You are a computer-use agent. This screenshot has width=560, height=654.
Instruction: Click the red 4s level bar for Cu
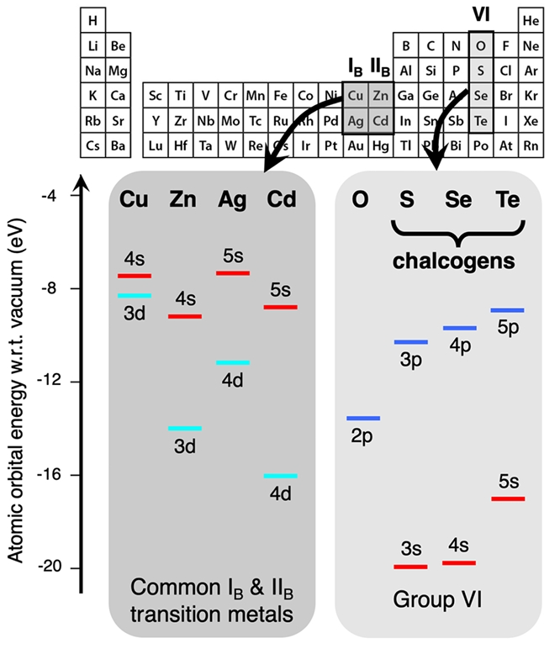point(135,276)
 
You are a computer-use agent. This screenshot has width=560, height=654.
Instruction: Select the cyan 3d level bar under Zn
point(185,429)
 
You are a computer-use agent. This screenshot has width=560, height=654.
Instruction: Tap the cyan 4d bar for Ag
point(233,362)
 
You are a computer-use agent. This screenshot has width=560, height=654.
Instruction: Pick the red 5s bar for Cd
point(280,307)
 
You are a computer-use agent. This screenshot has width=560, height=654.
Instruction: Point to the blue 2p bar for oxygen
point(362,418)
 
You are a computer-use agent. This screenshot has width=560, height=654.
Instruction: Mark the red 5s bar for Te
point(508,498)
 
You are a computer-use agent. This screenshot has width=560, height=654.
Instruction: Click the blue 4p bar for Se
point(460,328)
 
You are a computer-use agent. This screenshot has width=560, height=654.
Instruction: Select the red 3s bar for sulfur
point(410,567)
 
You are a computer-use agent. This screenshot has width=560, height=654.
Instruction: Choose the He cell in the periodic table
point(531,19)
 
